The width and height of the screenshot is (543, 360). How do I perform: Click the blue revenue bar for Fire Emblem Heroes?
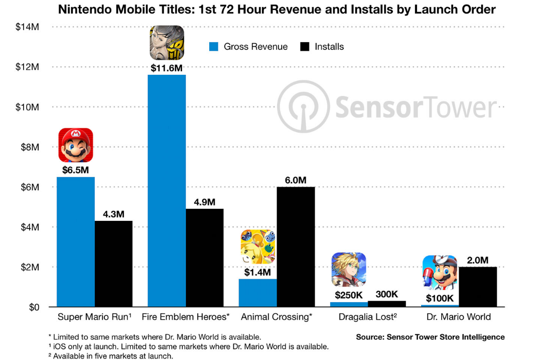click(167, 191)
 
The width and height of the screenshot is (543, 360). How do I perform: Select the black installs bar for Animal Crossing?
click(296, 247)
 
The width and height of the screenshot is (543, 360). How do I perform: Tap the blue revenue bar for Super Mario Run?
click(76, 242)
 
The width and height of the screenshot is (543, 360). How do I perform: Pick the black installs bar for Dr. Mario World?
click(477, 287)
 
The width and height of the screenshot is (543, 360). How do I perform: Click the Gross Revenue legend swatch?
click(214, 47)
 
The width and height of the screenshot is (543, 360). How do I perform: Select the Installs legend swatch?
click(305, 47)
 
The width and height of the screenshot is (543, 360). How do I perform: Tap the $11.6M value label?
click(167, 68)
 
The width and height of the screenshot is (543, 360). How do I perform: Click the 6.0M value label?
click(296, 180)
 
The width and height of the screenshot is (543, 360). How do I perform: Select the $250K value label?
click(349, 295)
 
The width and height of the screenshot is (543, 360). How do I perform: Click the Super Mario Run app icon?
click(76, 145)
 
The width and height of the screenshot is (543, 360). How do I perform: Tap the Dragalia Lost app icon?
click(349, 269)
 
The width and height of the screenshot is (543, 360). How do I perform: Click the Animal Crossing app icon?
click(258, 247)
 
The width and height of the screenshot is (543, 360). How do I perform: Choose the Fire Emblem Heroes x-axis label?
click(186, 317)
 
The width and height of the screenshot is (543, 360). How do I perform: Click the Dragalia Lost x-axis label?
click(368, 317)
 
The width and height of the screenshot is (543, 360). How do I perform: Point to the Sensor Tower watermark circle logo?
click(304, 106)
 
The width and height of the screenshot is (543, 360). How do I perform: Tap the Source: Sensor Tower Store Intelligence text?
click(430, 337)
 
